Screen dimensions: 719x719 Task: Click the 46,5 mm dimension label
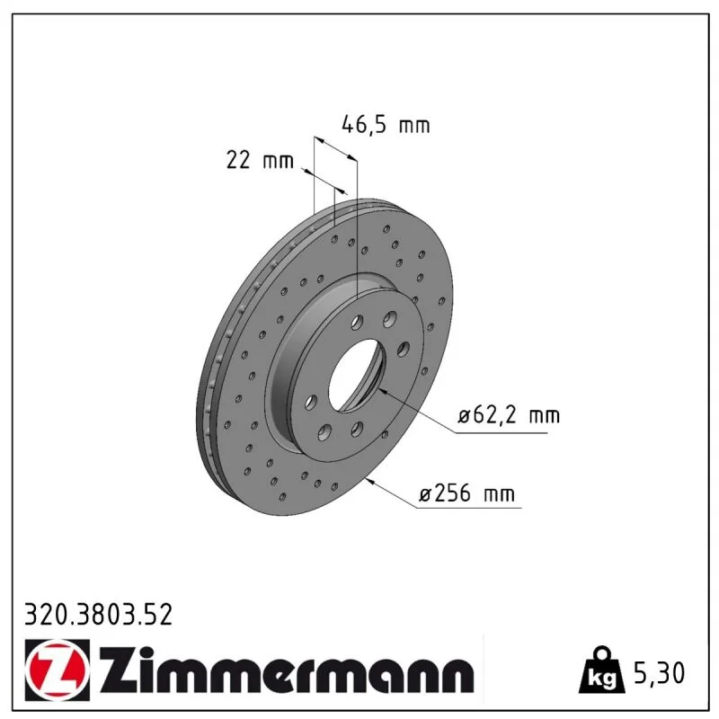click(x=386, y=125)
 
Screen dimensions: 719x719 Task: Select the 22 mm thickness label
click(x=260, y=160)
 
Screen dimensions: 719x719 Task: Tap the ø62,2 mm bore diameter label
click(x=509, y=415)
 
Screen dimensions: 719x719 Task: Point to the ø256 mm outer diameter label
click(x=466, y=493)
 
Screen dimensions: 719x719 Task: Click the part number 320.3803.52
click(x=98, y=615)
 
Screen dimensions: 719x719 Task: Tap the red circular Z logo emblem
click(x=58, y=670)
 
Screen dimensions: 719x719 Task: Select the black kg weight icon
click(x=602, y=670)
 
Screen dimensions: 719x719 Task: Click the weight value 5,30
click(x=659, y=673)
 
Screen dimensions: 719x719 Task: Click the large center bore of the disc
click(x=356, y=375)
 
